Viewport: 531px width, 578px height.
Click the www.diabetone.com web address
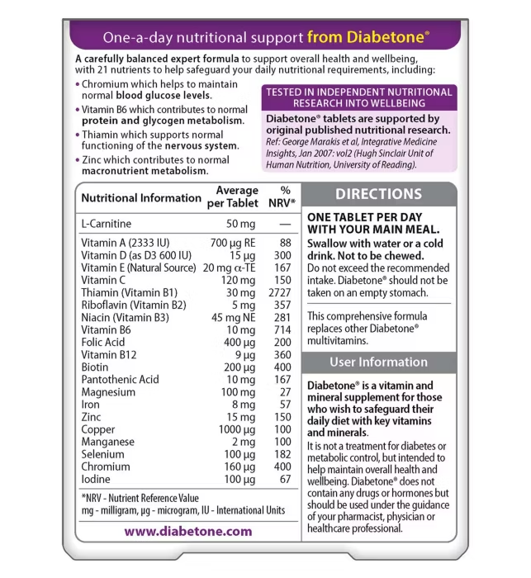[187, 531]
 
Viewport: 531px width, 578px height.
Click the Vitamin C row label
[104, 280]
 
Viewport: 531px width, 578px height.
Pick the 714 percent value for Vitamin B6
[283, 329]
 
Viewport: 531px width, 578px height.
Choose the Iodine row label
[97, 479]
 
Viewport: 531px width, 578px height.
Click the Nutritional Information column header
[141, 198]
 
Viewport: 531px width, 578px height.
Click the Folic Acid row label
[103, 342]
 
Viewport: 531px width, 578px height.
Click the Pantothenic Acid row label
[121, 380]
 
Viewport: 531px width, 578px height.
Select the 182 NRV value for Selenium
[283, 454]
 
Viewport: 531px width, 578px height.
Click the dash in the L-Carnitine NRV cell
[285, 224]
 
